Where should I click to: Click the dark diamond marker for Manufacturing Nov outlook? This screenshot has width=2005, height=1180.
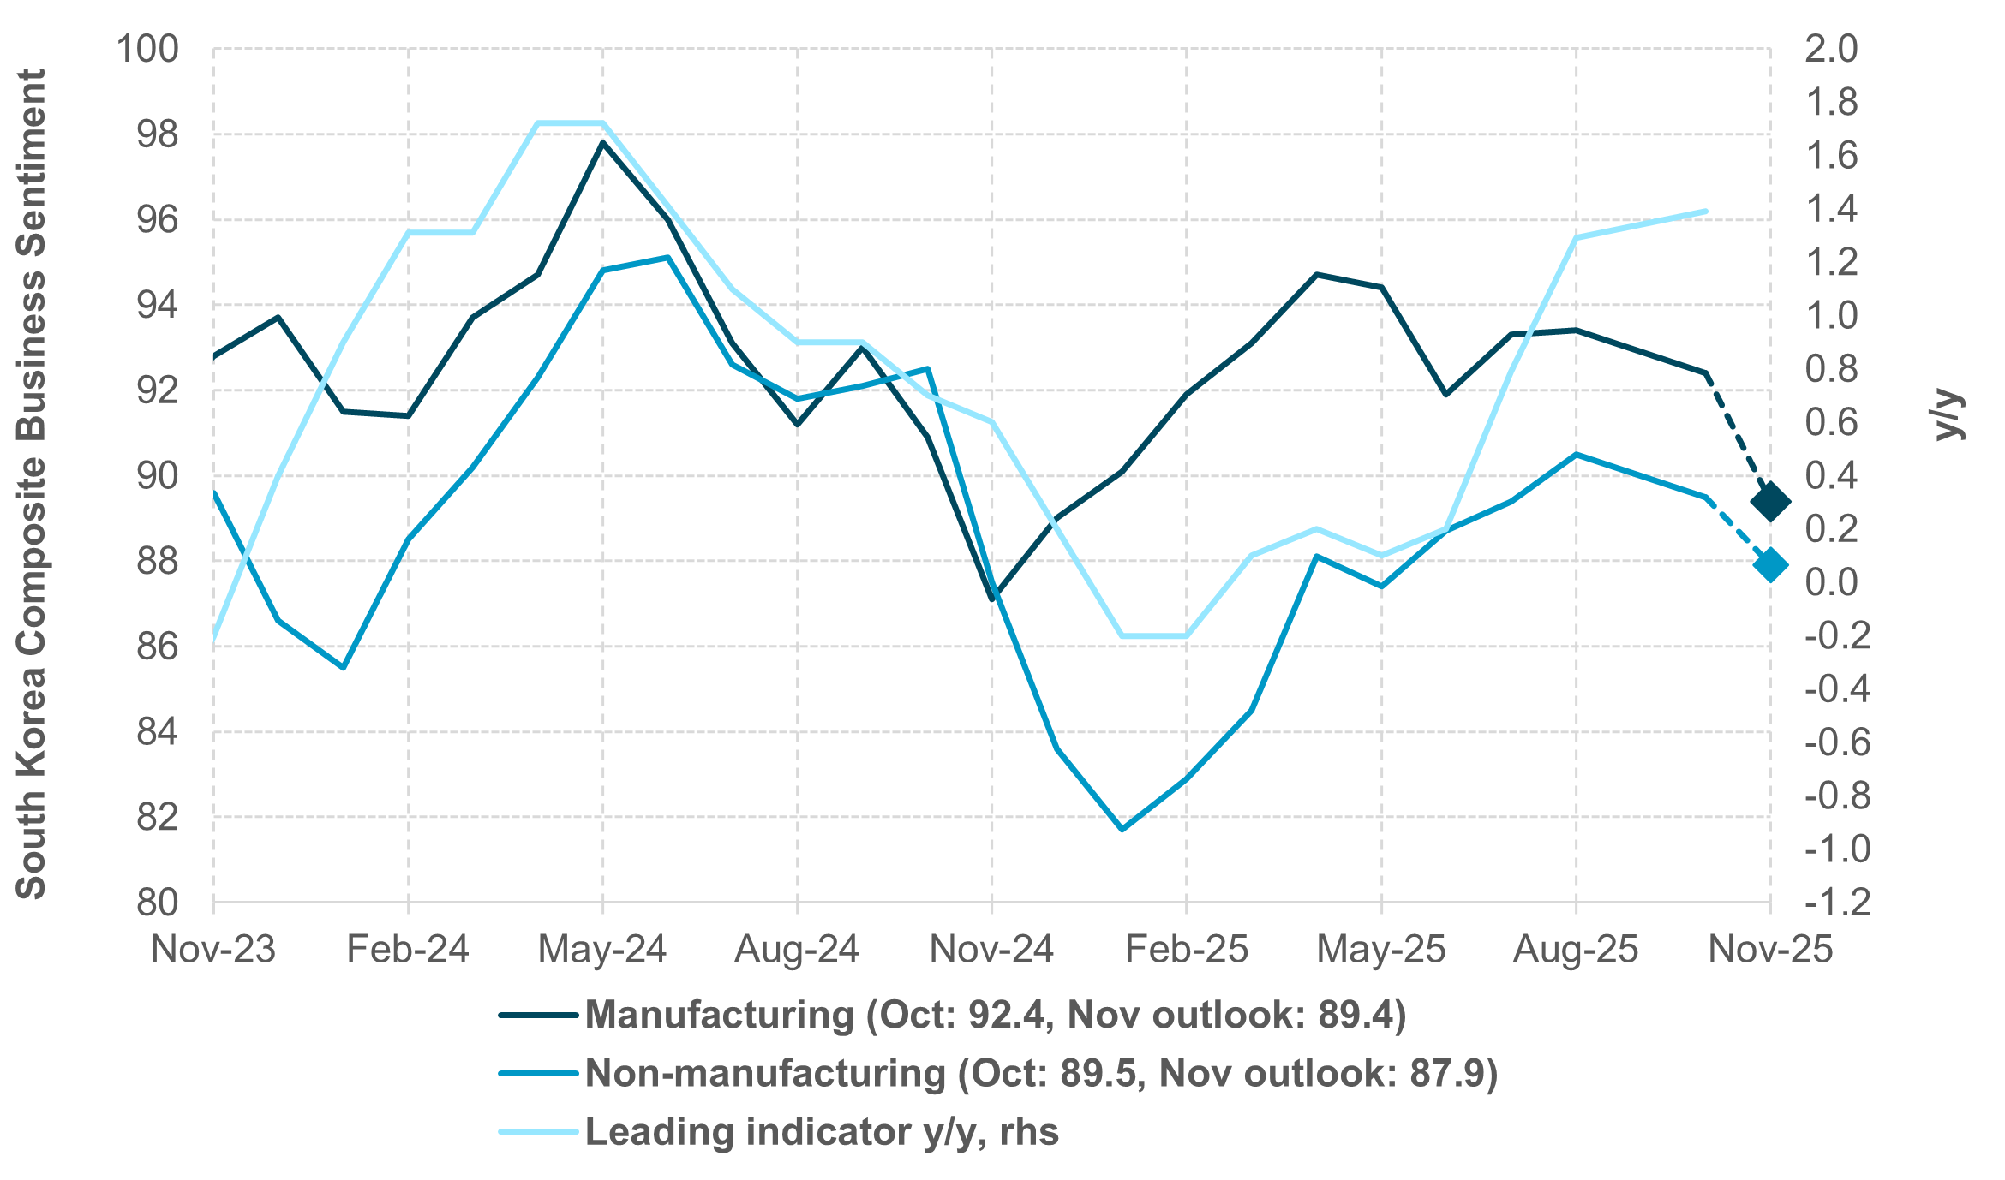pos(1770,502)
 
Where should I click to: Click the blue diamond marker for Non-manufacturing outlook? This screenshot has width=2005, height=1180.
pos(1770,565)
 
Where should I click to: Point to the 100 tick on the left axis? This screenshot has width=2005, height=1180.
pos(147,49)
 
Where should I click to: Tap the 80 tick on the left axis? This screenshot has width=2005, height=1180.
pos(158,903)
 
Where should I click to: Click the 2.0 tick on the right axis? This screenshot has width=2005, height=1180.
pos(1831,49)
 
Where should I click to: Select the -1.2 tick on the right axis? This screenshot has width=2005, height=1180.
pos(1838,903)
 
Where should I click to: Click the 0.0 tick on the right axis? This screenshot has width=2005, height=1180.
pos(1831,582)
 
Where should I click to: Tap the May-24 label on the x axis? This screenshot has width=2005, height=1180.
pos(601,950)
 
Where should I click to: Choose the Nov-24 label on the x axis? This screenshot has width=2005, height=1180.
pos(991,950)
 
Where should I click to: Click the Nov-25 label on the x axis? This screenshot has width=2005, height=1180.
pos(1770,950)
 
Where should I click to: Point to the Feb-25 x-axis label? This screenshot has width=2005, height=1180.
pos(1186,950)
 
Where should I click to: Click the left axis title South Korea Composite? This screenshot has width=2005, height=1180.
pos(32,484)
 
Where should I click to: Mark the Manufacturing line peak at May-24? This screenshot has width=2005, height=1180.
pos(602,143)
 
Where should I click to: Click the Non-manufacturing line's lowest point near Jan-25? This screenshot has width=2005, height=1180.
pos(1122,829)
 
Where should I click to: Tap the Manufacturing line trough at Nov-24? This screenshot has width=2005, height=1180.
pos(992,599)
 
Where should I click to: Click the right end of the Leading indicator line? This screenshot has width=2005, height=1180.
pos(1705,212)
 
